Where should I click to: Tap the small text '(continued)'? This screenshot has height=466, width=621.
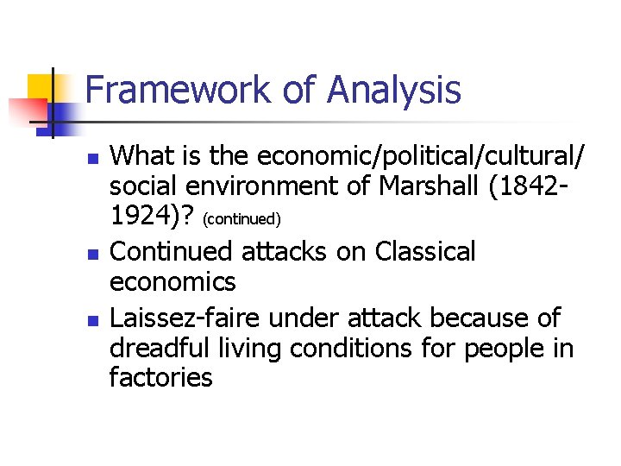pos(243,220)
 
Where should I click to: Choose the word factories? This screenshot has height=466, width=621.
pos(161,377)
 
